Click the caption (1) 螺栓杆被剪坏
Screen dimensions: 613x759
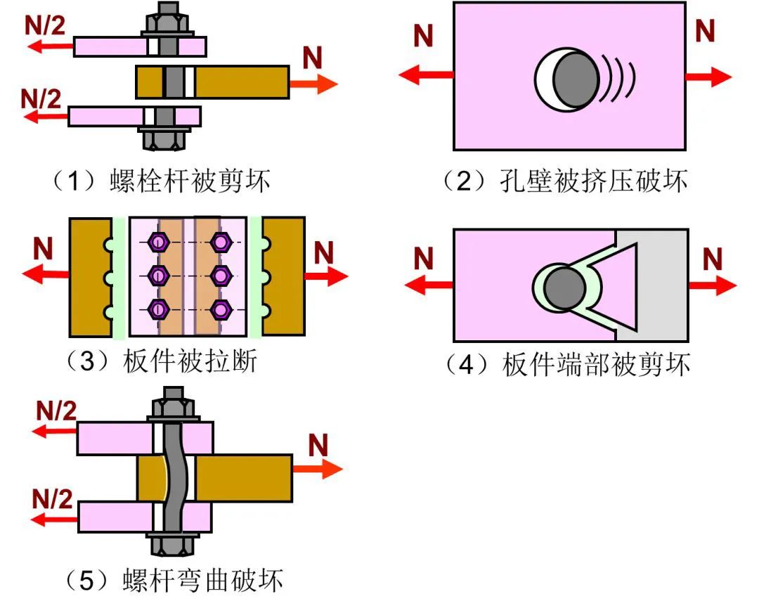pos(160,182)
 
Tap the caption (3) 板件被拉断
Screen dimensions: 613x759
pos(160,363)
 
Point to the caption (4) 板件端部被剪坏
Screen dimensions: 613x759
pos(568,364)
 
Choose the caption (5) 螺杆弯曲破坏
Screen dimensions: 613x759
pos(173,581)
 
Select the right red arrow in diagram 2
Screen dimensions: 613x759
pos(708,76)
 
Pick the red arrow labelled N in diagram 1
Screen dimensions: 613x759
pos(313,83)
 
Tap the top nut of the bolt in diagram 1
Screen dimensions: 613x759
pos(167,21)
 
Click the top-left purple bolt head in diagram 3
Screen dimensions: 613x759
pos(159,243)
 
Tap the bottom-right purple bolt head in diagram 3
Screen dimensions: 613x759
pos(221,308)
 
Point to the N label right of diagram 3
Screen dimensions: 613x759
pos(323,252)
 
